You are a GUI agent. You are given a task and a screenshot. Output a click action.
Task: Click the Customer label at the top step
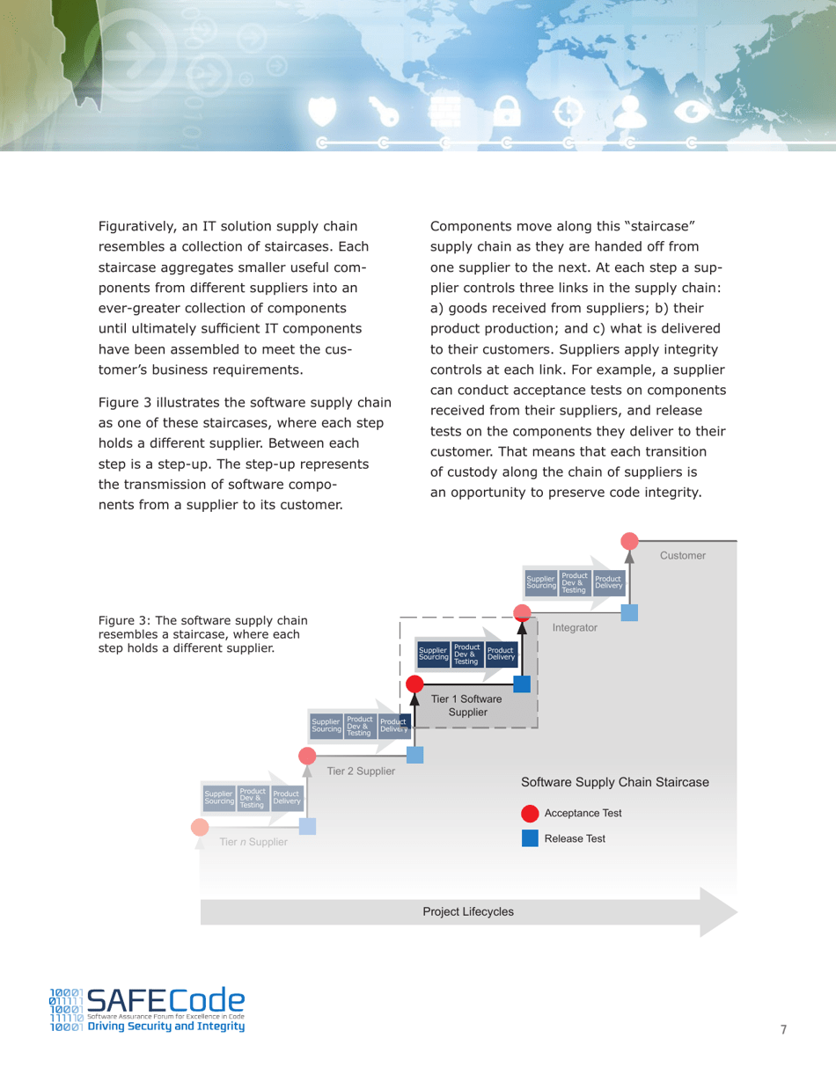click(682, 556)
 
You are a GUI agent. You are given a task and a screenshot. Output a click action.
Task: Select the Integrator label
click(575, 628)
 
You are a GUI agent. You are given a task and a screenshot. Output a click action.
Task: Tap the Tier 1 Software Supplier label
click(466, 705)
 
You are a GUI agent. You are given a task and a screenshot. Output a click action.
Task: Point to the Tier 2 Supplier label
click(361, 771)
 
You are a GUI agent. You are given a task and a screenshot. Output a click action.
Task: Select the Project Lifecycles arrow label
click(468, 912)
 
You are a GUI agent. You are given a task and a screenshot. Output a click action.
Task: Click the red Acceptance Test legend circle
click(531, 814)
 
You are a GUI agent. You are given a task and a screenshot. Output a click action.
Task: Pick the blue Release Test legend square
click(531, 838)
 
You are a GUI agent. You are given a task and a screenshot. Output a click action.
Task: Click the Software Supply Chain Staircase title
click(614, 782)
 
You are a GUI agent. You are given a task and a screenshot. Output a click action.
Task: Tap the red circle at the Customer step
click(629, 541)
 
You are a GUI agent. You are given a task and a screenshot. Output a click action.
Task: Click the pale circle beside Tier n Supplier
click(201, 827)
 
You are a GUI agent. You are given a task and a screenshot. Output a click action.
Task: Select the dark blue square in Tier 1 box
click(522, 684)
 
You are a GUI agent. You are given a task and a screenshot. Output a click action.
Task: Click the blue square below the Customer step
click(629, 612)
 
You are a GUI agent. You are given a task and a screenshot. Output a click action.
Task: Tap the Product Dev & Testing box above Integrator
click(575, 581)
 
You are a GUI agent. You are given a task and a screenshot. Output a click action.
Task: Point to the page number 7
click(783, 1030)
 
